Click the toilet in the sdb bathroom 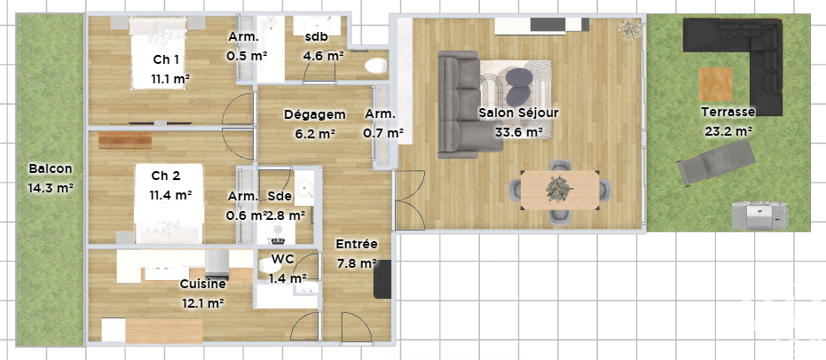375,66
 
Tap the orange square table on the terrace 716,84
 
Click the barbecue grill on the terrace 759,215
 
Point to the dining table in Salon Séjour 560,190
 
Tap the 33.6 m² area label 519,131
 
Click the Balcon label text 51,169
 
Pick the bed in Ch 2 169,204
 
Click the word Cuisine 203,285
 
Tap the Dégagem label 314,114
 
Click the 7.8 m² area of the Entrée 357,262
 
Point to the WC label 283,259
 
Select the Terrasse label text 728,112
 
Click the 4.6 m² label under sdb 323,55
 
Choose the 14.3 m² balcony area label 51,187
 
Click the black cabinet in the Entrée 382,279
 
